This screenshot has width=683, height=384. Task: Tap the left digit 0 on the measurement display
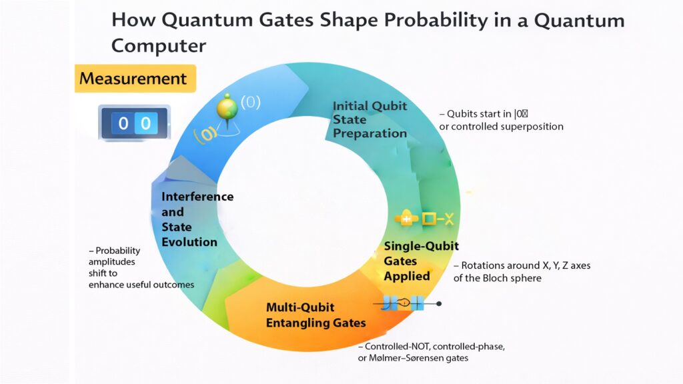(x=123, y=123)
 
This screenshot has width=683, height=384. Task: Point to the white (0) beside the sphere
(x=250, y=102)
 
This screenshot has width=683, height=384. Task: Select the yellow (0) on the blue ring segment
(x=205, y=133)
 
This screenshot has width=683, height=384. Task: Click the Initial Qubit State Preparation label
(x=370, y=120)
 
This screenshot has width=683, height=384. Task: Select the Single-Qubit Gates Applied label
(x=421, y=261)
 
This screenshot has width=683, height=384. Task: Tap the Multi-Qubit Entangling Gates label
(x=316, y=315)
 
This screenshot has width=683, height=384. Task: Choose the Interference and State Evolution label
(x=197, y=219)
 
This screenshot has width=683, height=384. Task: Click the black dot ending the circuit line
(x=439, y=304)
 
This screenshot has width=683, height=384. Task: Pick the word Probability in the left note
(x=118, y=251)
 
